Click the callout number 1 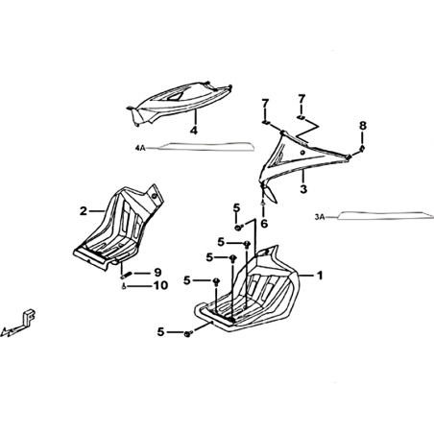[x=320, y=276]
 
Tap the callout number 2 [x=84, y=211]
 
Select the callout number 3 [x=303, y=188]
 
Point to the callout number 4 [x=194, y=131]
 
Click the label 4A [x=140, y=148]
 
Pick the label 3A [x=320, y=217]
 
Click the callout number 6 [x=264, y=224]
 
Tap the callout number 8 [x=362, y=126]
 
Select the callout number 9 [x=157, y=273]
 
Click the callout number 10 [x=161, y=285]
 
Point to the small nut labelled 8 [x=362, y=148]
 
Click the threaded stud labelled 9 [x=125, y=275]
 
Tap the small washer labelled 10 [x=124, y=286]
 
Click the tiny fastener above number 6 [x=263, y=203]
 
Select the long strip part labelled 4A [x=206, y=146]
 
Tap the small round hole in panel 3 [x=302, y=153]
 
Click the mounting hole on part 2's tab [x=154, y=196]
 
